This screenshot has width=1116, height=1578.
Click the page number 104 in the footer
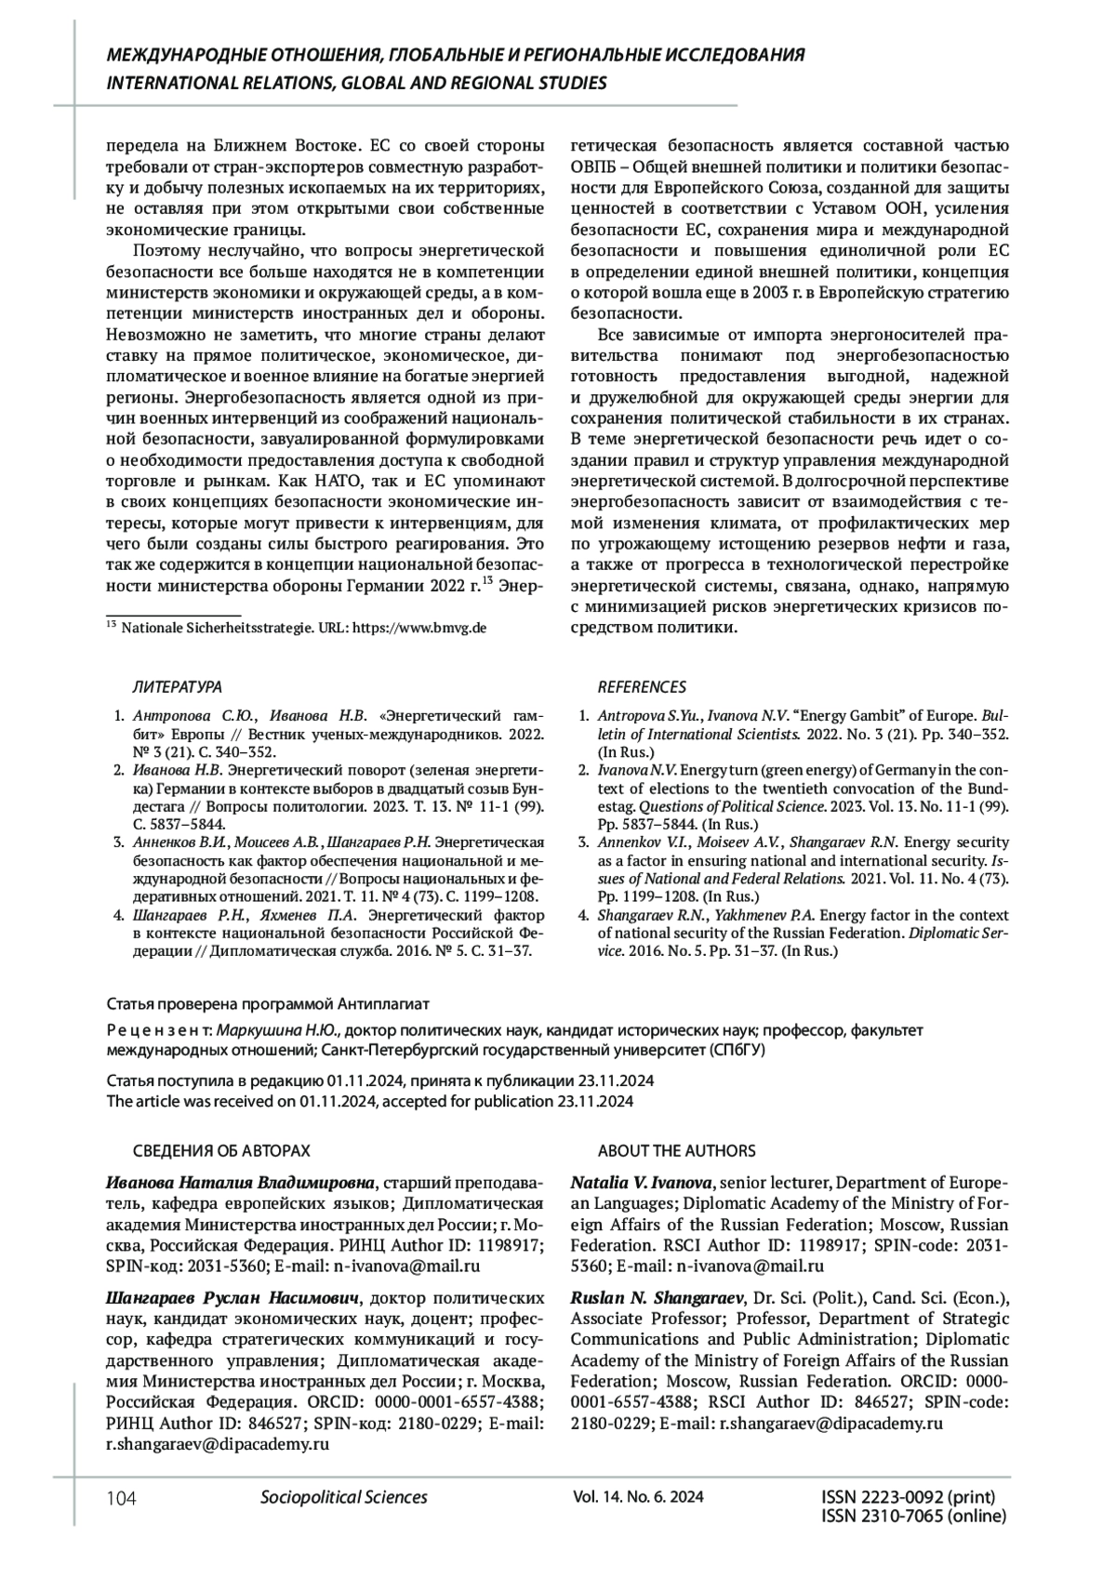[x=122, y=1498]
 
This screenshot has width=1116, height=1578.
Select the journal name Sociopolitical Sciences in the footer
[x=344, y=1497]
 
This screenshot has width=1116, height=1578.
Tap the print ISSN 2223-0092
[x=909, y=1498]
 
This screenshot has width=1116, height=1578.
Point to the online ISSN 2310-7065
[x=914, y=1517]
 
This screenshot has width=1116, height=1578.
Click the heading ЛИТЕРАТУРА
[x=178, y=687]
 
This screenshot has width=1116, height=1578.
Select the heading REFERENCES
[x=642, y=687]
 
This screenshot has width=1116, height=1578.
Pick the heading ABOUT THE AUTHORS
[x=677, y=1151]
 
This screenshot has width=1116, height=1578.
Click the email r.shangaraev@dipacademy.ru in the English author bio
[x=832, y=1424]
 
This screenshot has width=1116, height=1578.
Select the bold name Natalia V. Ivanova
[x=642, y=1183]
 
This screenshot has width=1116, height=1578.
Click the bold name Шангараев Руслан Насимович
[x=232, y=1298]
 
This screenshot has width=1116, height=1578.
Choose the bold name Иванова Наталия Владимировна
[x=240, y=1183]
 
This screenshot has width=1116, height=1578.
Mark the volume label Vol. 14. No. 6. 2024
[x=639, y=1497]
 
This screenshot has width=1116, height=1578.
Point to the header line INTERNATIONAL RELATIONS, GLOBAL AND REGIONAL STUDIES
[x=357, y=84]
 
